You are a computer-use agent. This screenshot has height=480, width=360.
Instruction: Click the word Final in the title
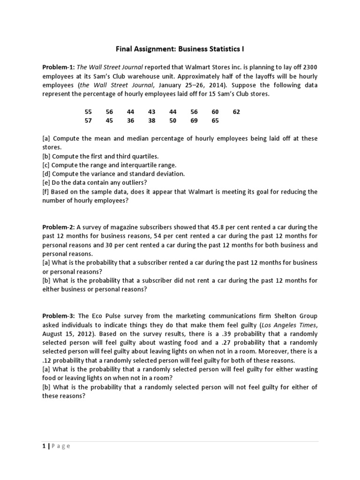pyautogui.click(x=125, y=49)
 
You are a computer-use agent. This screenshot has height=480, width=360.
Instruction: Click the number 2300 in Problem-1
pyautogui.click(x=309, y=67)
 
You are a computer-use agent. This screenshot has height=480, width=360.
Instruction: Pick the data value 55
pyautogui.click(x=88, y=112)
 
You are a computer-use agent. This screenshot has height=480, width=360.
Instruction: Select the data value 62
pyautogui.click(x=236, y=112)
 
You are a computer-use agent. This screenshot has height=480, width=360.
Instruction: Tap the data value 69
pyautogui.click(x=194, y=120)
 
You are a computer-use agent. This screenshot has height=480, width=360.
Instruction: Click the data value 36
pyautogui.click(x=130, y=120)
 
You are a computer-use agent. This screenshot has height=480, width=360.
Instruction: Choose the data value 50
pyautogui.click(x=173, y=120)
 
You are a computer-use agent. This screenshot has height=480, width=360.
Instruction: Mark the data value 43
pyautogui.click(x=151, y=112)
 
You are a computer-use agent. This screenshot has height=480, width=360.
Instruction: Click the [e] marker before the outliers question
pyautogui.click(x=46, y=183)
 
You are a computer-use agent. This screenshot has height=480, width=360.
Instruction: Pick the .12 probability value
pyautogui.click(x=48, y=360)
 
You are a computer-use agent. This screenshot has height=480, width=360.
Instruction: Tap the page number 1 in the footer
pyautogui.click(x=43, y=446)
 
